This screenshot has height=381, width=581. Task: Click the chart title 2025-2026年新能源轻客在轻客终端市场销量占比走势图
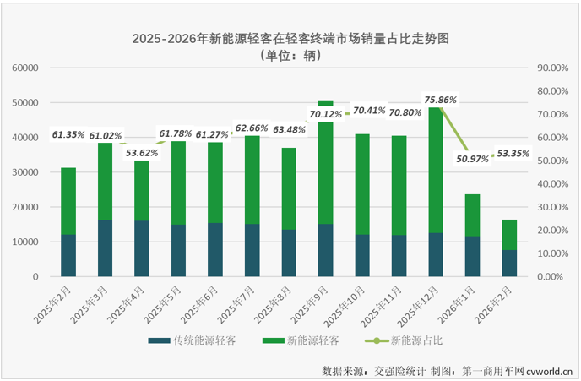pyautogui.click(x=290, y=39)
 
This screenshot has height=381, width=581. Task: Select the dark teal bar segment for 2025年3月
pyautogui.click(x=105, y=248)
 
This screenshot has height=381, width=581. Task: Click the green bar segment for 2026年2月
pyautogui.click(x=508, y=235)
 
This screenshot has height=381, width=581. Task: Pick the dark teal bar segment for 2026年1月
pyautogui.click(x=472, y=256)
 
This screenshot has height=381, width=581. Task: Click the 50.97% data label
pyautogui.click(x=472, y=158)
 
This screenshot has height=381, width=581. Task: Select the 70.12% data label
pyautogui.click(x=326, y=114)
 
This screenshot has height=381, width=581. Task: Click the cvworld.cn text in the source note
pyautogui.click(x=551, y=371)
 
